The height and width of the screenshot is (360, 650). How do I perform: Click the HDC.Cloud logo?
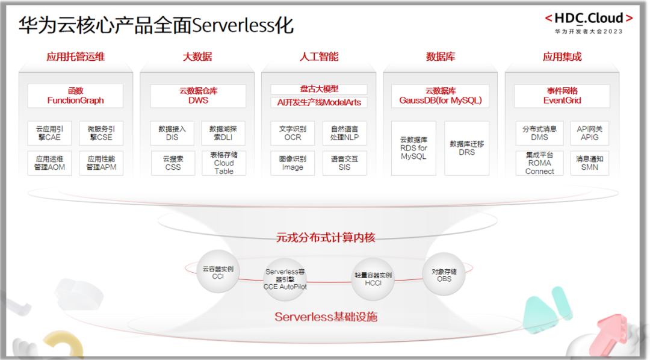[588, 19]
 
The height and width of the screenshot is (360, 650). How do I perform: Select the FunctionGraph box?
[75, 96]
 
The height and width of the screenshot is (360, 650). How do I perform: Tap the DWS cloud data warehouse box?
[198, 96]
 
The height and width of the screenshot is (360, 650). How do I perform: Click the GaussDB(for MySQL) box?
[441, 96]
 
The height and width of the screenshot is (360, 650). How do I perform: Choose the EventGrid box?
[562, 96]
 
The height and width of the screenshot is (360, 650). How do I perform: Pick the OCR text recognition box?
[292, 133]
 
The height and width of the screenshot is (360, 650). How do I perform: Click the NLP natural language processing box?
[344, 133]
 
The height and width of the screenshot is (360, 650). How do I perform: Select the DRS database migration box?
[466, 148]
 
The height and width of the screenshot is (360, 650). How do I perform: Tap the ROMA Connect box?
[539, 163]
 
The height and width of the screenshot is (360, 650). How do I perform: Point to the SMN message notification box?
[589, 163]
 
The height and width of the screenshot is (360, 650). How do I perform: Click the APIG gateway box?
[589, 133]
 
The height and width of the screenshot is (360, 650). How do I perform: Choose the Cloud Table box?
[223, 163]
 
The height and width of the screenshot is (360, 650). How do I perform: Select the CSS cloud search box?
[173, 163]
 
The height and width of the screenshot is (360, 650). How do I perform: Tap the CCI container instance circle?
[218, 272]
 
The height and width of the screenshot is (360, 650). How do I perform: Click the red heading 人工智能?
[319, 57]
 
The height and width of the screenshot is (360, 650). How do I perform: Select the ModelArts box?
[319, 102]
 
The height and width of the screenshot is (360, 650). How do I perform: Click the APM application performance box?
[101, 163]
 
